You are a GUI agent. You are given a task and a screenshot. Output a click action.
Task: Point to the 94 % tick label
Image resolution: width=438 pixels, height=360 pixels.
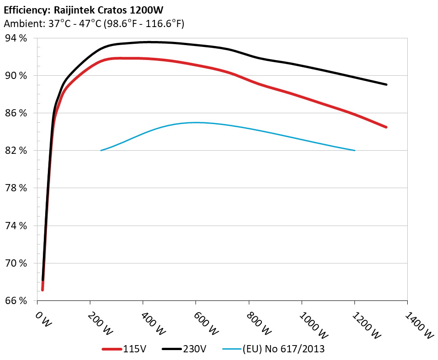17,38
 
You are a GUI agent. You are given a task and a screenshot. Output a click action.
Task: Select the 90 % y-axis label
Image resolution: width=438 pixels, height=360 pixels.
17,76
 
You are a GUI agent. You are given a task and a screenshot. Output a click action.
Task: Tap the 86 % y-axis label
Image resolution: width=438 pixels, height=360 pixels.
17,113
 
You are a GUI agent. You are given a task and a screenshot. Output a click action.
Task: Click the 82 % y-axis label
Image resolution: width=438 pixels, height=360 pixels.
17,151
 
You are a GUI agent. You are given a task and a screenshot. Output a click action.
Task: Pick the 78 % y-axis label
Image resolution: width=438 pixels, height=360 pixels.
17,188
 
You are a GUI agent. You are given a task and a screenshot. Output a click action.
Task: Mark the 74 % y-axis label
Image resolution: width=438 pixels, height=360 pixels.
17,226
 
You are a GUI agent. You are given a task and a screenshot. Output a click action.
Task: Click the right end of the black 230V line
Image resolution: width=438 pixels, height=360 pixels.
387,84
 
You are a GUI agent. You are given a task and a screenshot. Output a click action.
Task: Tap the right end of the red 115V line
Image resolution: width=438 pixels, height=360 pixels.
387,127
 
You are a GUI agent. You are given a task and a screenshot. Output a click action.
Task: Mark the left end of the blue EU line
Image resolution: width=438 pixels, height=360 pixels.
101,150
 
